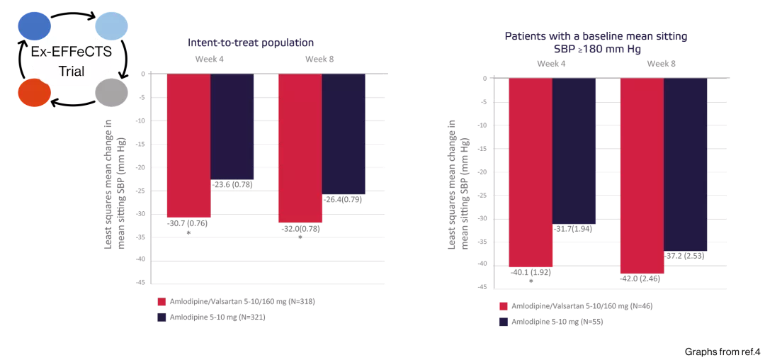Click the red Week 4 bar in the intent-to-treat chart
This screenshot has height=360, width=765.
click(x=188, y=145)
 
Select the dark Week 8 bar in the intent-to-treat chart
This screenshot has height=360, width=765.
click(x=344, y=134)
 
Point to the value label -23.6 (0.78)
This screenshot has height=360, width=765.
click(x=232, y=184)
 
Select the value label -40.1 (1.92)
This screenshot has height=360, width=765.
click(x=531, y=271)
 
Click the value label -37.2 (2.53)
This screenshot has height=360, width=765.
click(x=686, y=254)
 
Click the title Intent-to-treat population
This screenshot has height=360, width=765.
click(x=251, y=43)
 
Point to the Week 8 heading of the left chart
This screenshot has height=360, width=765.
click(x=319, y=60)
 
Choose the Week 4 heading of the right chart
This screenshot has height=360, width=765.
click(x=551, y=64)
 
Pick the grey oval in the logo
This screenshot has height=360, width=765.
click(x=111, y=93)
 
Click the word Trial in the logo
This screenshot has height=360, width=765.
click(x=71, y=71)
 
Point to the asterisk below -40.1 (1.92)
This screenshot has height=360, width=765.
click(x=531, y=281)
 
